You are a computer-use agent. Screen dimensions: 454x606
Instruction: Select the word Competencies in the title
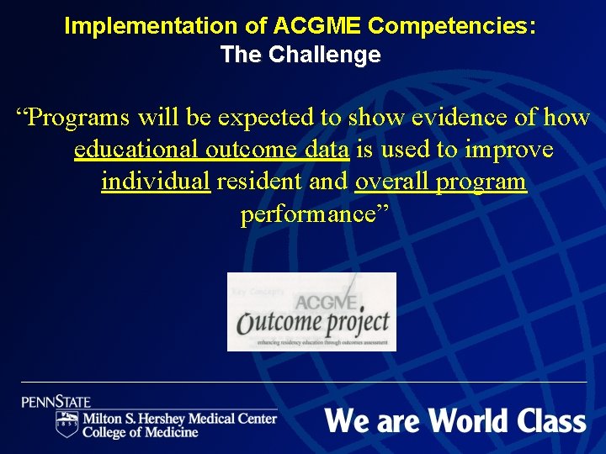(450, 26)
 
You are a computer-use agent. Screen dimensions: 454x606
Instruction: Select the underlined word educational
(135, 150)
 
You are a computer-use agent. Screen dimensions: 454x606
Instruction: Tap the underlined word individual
(156, 182)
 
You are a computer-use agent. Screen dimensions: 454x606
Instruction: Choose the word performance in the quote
(314, 214)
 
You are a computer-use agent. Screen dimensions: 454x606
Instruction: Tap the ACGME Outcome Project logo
(311, 312)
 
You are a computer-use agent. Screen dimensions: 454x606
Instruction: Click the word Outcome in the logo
(278, 322)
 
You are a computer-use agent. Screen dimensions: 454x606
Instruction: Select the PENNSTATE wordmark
(56, 402)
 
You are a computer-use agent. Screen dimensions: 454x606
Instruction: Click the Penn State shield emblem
(66, 424)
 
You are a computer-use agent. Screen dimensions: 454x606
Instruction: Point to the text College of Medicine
(140, 432)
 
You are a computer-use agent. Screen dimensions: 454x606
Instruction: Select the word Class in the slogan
(552, 420)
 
